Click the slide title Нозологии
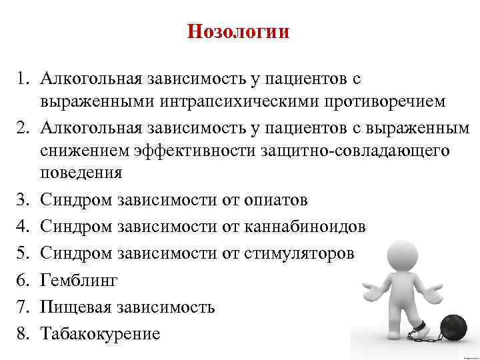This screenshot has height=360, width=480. (x=239, y=32)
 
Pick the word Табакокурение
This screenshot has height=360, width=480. (x=100, y=333)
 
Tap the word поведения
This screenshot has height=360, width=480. (x=81, y=173)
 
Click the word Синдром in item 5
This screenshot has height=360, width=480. (x=77, y=253)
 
